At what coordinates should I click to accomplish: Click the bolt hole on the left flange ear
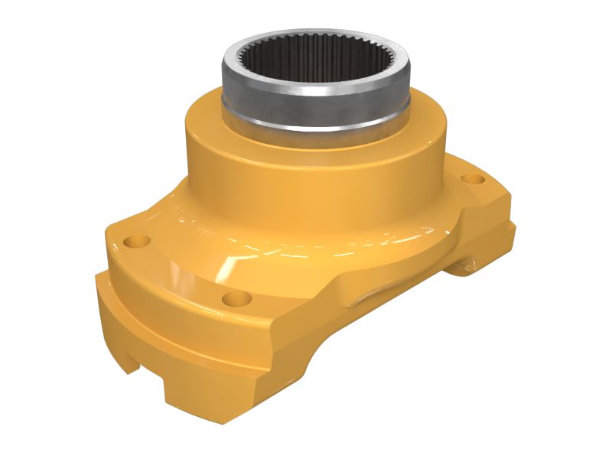coord(138,242)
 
